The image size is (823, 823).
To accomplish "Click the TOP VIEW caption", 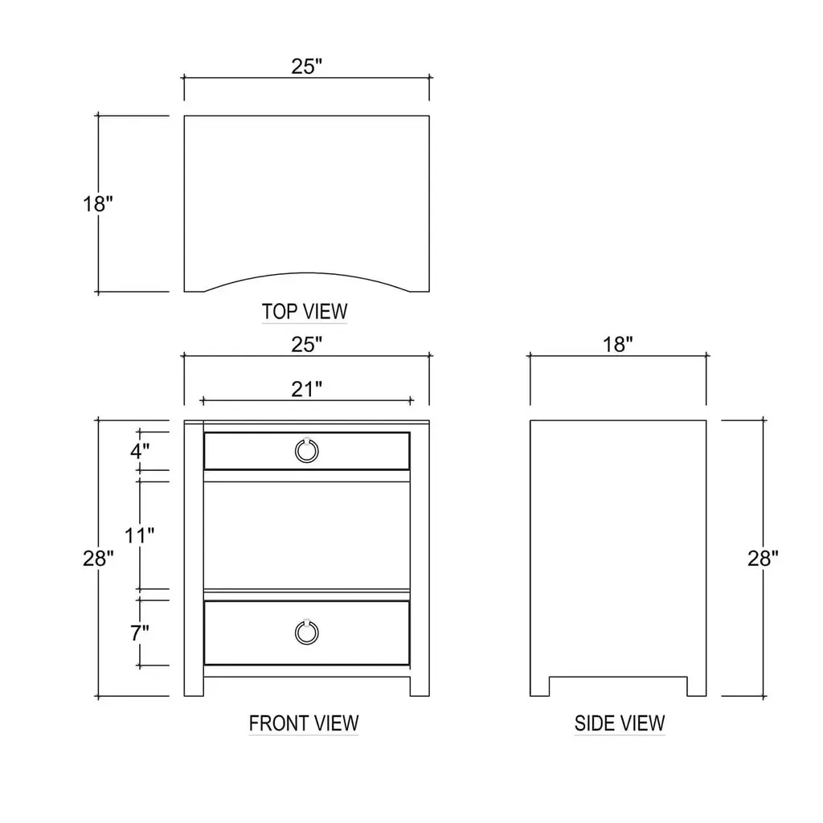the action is pyautogui.click(x=305, y=311).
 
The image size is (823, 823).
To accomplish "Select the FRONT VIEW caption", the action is pyautogui.click(x=303, y=723).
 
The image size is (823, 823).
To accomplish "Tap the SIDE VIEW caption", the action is pyautogui.click(x=620, y=723).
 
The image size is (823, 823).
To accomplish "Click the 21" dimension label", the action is pyautogui.click(x=306, y=390).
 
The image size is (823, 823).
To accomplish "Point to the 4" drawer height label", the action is pyautogui.click(x=140, y=450).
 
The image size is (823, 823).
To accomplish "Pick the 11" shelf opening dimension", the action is pyautogui.click(x=139, y=535).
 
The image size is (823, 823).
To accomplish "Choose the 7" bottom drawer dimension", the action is pyautogui.click(x=140, y=633).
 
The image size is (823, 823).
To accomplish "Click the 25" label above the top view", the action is pyautogui.click(x=306, y=66).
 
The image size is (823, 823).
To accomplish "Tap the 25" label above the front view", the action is pyautogui.click(x=306, y=344).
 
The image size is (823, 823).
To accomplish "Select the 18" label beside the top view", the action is pyautogui.click(x=97, y=203).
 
